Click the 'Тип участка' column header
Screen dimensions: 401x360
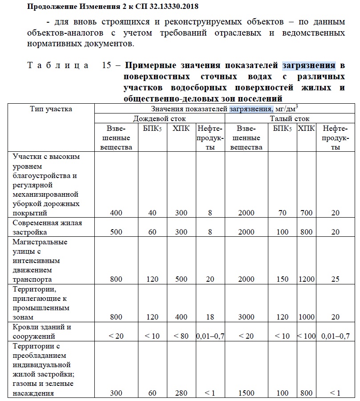point(51,109)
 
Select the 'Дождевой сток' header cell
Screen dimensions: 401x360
point(159,119)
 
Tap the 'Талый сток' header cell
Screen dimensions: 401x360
point(290,119)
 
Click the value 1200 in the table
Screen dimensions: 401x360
point(306,279)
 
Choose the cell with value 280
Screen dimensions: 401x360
point(181,393)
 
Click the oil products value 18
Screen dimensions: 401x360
point(210,317)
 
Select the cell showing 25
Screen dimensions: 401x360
point(335,279)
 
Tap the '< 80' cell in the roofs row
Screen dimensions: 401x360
point(181,336)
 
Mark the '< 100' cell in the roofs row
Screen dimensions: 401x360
point(306,336)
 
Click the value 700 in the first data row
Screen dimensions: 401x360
point(306,213)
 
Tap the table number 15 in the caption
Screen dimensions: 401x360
point(106,66)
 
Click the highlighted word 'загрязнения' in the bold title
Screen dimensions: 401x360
point(309,66)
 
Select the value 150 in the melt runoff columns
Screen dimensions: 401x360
point(282,279)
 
